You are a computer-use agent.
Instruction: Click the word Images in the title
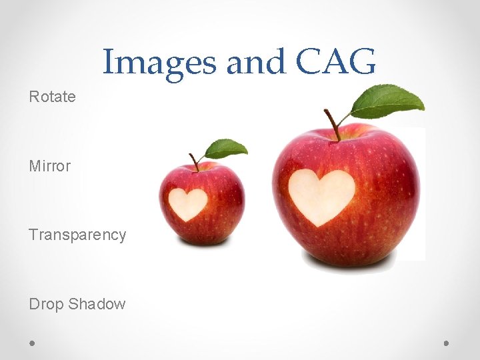click(x=160, y=63)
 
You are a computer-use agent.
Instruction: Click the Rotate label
click(x=52, y=97)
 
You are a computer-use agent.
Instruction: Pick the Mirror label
click(x=49, y=166)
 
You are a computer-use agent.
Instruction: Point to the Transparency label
click(x=77, y=235)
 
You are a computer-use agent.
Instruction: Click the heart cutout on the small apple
click(x=187, y=203)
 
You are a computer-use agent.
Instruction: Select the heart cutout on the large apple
click(x=321, y=195)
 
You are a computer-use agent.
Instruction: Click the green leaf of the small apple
click(x=226, y=148)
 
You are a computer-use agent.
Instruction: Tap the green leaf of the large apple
click(x=388, y=101)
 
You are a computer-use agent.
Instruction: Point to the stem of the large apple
click(x=332, y=125)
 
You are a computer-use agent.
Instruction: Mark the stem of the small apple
click(x=194, y=161)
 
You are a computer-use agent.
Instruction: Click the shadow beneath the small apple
click(x=201, y=244)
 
